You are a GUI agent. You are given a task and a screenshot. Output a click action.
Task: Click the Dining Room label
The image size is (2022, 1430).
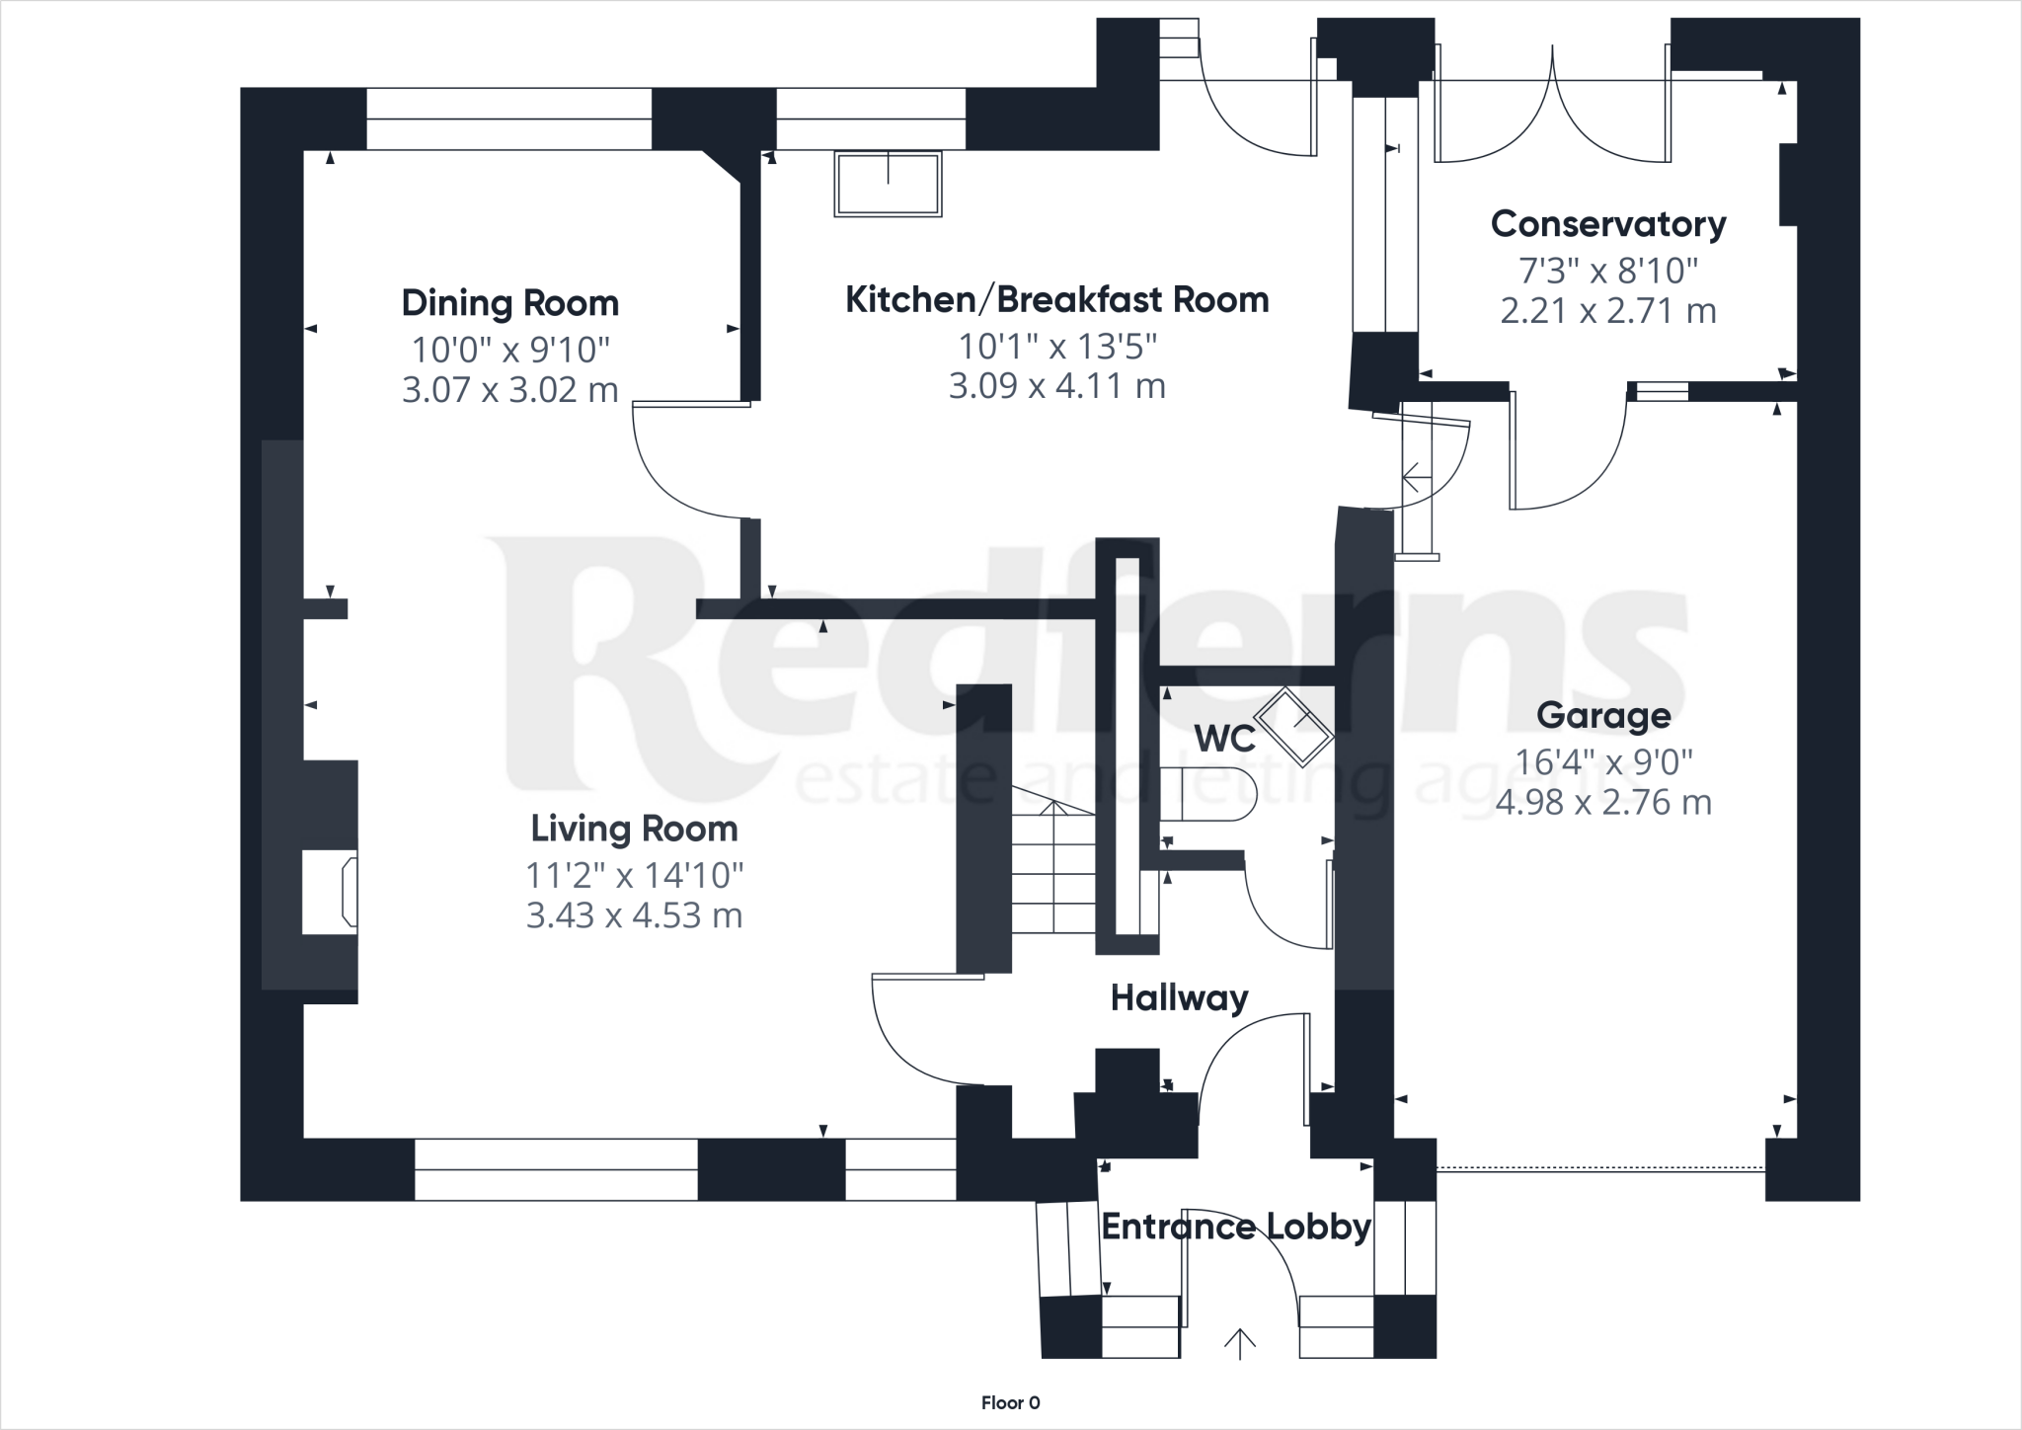coord(509,303)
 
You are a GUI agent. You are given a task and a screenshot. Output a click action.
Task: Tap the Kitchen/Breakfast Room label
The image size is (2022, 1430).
coord(1056,300)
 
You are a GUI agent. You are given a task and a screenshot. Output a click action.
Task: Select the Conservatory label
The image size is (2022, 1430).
coord(1607,224)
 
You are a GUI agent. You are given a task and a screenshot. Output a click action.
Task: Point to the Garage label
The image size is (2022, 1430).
coord(1603,716)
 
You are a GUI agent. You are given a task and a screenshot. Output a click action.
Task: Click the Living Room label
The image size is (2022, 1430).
coord(634,829)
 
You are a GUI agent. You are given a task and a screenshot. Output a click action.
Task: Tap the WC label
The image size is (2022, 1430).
coord(1224,739)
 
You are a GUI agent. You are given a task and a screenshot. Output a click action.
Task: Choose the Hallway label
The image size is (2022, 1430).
coord(1179,998)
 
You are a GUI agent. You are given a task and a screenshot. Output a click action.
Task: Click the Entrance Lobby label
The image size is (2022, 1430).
coord(1236,1227)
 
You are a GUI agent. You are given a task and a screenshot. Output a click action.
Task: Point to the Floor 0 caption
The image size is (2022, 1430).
coord(1010,1402)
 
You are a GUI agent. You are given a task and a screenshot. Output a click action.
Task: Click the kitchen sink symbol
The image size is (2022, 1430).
coord(888,183)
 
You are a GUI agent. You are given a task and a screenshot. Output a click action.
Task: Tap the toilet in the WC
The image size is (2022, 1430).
coord(1209,794)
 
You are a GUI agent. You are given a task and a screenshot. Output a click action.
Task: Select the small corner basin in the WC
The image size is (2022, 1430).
coord(1293,728)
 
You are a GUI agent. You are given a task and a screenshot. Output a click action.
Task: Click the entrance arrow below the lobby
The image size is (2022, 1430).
coord(1239,1344)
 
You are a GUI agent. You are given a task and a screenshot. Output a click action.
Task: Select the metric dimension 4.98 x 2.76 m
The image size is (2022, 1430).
coord(1603,802)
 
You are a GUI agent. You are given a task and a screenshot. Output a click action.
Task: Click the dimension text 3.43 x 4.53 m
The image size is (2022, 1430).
coord(634,915)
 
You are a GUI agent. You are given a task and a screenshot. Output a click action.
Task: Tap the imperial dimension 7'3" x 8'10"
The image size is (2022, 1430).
coord(1607,270)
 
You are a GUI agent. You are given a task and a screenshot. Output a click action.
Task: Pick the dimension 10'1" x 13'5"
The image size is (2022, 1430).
coord(1056,347)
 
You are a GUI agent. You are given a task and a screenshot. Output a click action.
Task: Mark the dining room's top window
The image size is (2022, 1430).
coord(508,119)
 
